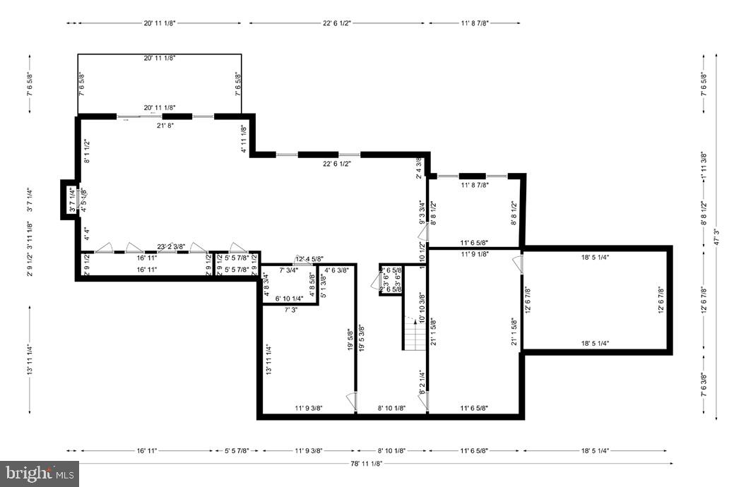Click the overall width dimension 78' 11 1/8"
tap(367, 464)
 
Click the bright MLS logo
tap(40, 474)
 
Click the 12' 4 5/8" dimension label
tap(309, 259)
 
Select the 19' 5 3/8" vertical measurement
tap(361, 338)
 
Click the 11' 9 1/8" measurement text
tap(475, 254)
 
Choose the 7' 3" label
tap(290, 310)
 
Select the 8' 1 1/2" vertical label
tap(87, 151)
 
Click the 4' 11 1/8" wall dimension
tap(244, 139)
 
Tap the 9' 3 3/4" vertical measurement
tap(422, 212)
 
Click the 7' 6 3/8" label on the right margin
tap(704, 385)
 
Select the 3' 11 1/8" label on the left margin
tap(30, 236)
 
